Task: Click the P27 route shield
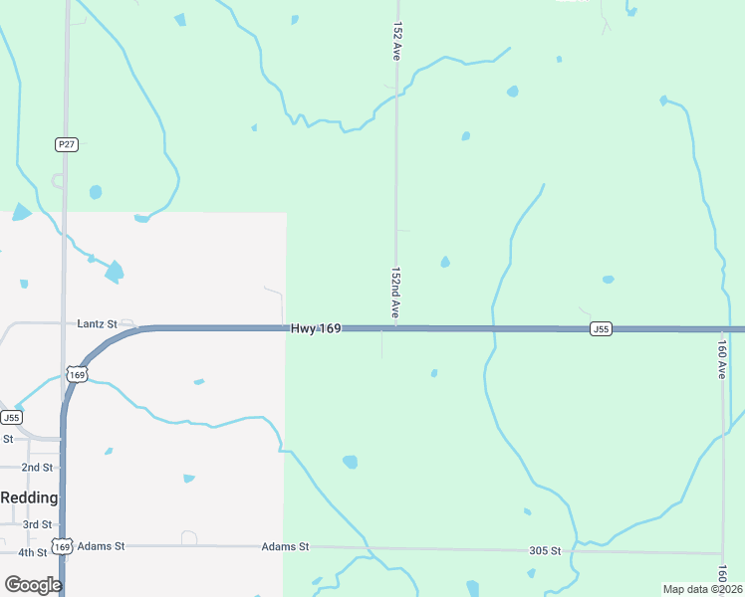tap(66, 144)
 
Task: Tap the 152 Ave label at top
tap(396, 39)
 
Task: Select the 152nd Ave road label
tap(395, 293)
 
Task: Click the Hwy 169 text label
tap(316, 327)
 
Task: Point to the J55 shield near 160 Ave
tap(600, 328)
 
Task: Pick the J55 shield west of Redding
tap(11, 417)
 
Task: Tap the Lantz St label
tap(97, 324)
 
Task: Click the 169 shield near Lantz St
tap(77, 374)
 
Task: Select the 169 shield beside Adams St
tap(63, 546)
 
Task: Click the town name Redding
tap(29, 497)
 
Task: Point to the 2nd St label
tap(37, 467)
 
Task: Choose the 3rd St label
tap(37, 524)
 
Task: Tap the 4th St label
tap(33, 552)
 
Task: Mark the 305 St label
tap(545, 550)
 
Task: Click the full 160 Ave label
tap(722, 355)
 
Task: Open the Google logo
tap(33, 585)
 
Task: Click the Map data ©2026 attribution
tap(702, 589)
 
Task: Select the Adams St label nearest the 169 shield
tap(101, 546)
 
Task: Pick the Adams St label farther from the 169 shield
tap(286, 547)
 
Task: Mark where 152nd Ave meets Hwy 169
tap(395, 328)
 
